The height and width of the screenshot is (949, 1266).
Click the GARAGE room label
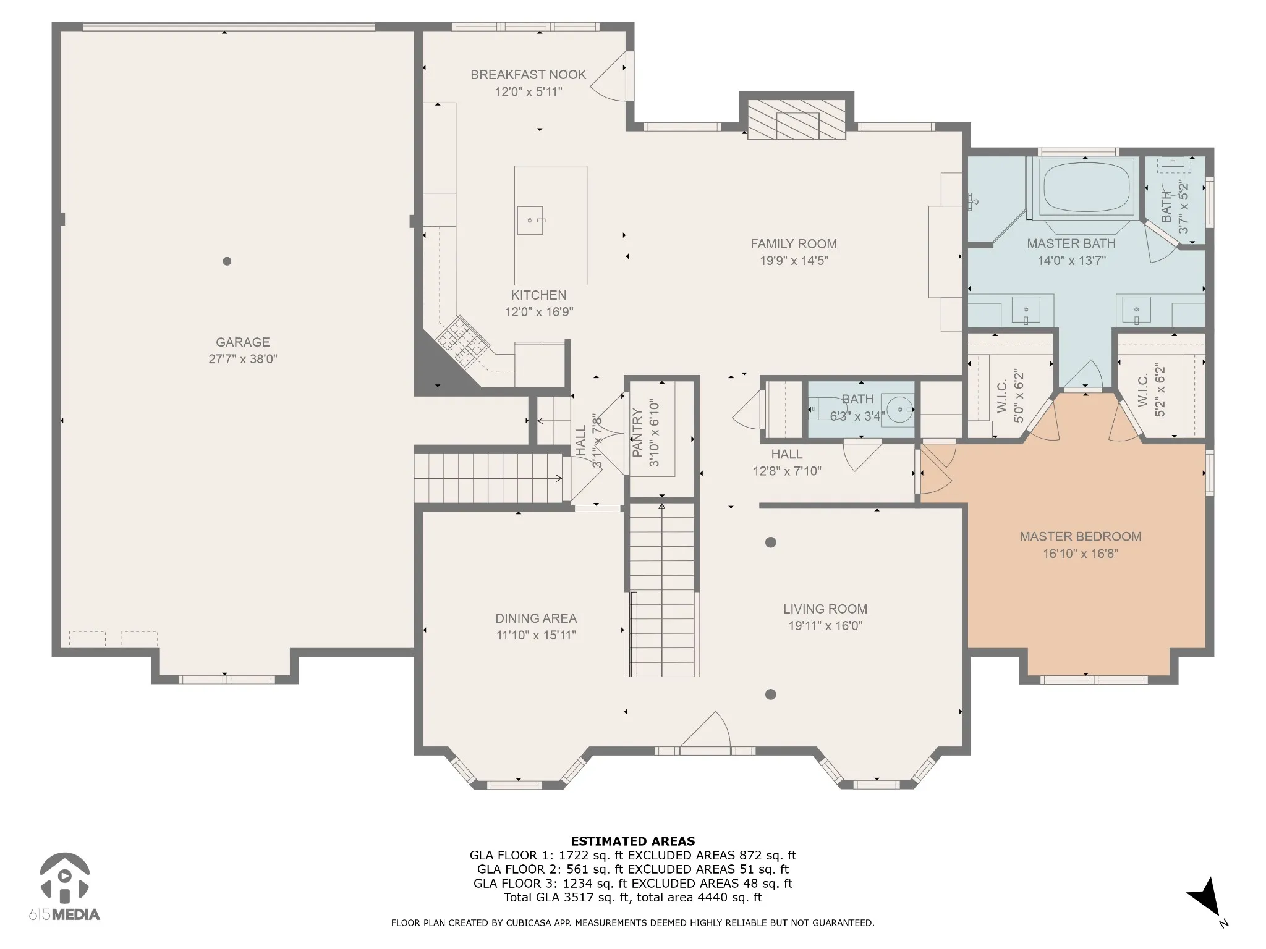point(242,342)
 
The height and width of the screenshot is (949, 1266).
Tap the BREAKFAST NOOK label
point(528,75)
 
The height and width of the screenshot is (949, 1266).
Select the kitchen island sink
point(530,221)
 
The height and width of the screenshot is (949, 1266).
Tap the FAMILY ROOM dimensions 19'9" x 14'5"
point(794,261)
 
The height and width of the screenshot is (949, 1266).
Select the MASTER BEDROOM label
point(1080,536)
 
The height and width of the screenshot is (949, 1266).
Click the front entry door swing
point(705,731)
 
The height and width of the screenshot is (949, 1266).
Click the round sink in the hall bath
point(898,408)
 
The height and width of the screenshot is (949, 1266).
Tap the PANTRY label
point(637,432)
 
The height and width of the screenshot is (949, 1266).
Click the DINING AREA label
point(536,618)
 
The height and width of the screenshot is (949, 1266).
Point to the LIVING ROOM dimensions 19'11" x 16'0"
point(825,626)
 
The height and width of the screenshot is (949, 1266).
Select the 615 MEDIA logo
point(64,887)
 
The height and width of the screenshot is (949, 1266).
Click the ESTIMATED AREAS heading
point(633,841)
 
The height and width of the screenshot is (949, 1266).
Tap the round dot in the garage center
point(227,261)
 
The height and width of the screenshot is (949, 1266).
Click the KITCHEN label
point(538,295)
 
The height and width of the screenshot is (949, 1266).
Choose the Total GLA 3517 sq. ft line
point(633,897)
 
